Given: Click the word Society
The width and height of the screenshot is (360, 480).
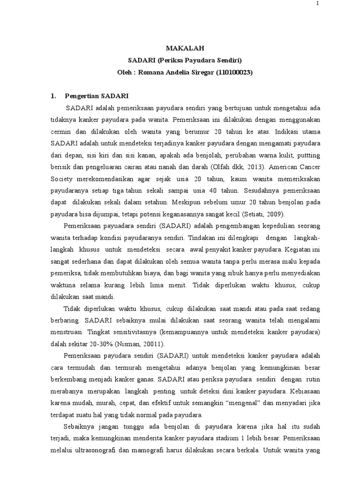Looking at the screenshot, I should pos(64,178).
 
